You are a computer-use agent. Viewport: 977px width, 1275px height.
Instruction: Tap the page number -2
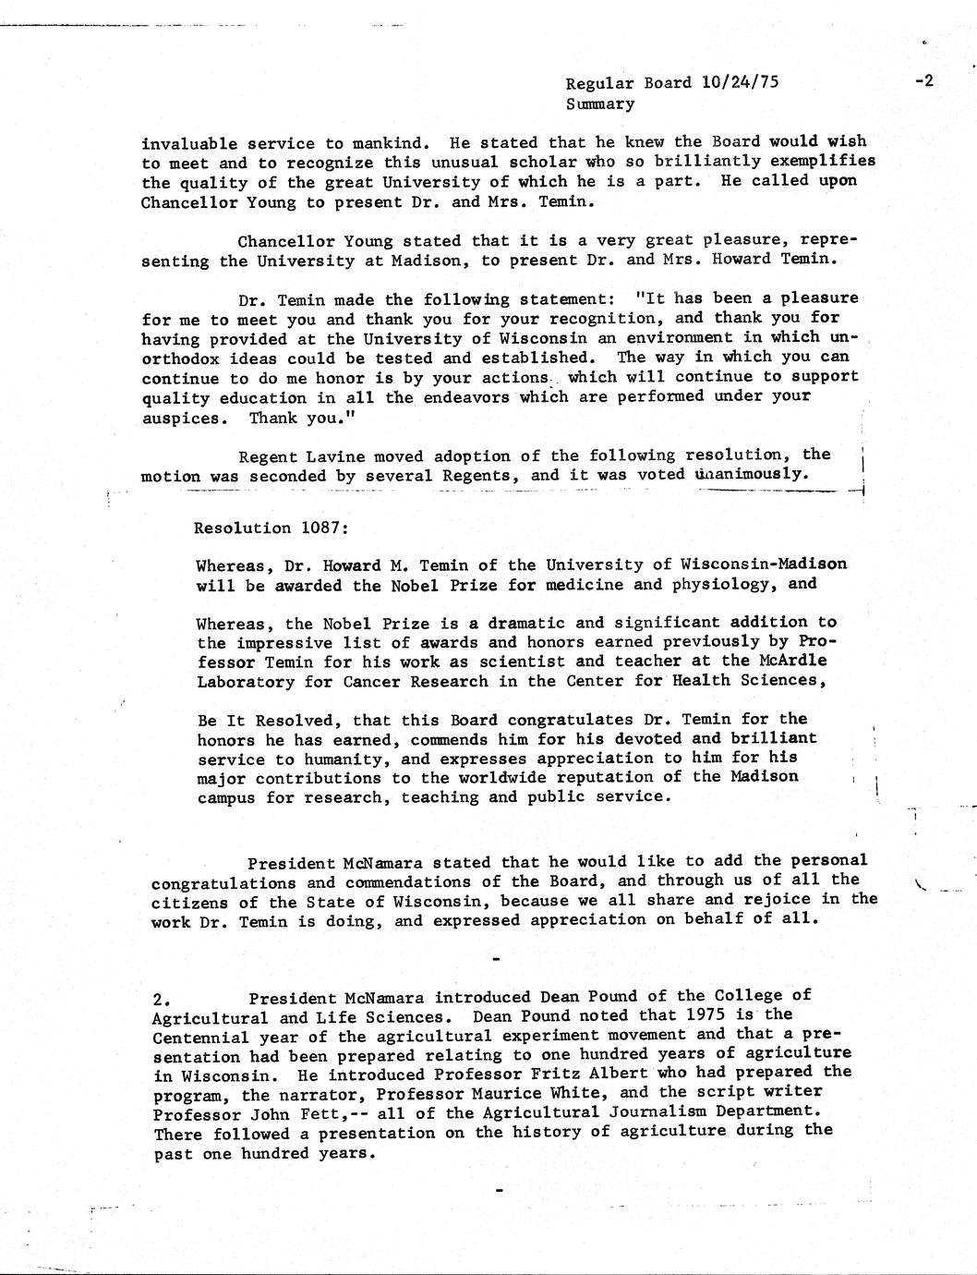click(x=924, y=80)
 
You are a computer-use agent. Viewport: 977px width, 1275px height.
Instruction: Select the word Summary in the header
click(x=600, y=103)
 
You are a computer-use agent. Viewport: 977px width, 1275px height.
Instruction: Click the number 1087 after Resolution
click(x=322, y=528)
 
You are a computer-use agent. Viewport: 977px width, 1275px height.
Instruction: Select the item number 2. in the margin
click(x=163, y=999)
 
